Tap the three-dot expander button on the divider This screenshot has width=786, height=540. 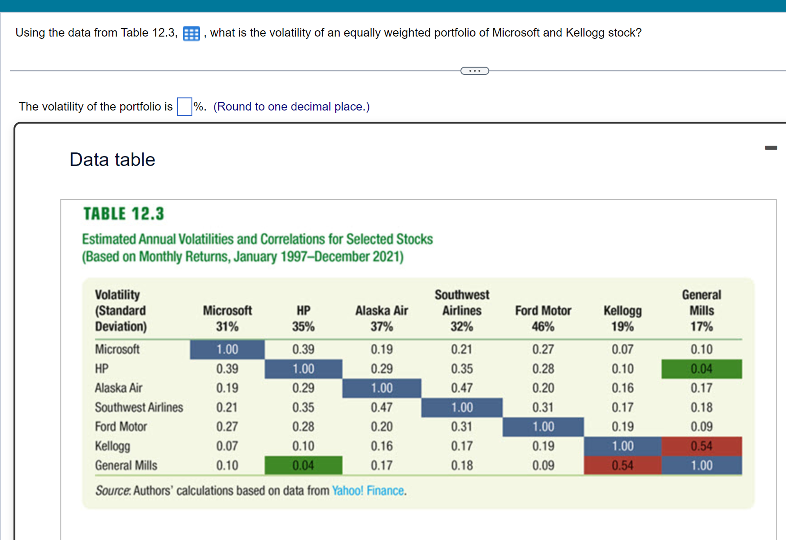click(474, 71)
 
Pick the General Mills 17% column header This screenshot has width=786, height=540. click(702, 310)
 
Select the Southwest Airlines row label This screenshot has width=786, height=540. click(139, 407)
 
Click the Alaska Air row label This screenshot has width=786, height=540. click(118, 388)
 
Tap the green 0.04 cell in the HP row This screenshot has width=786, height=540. click(702, 369)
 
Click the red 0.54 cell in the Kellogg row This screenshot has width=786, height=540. click(702, 446)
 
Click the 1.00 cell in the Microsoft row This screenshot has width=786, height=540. click(227, 349)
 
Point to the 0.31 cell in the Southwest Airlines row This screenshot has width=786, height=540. click(543, 407)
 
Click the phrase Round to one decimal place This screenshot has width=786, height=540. click(291, 107)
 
